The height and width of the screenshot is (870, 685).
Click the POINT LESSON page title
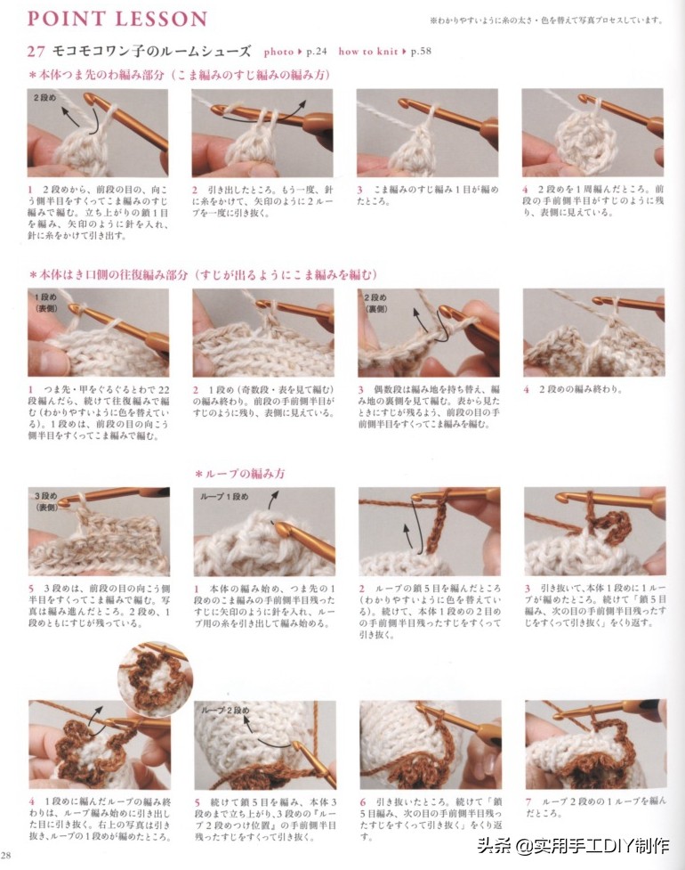(x=117, y=19)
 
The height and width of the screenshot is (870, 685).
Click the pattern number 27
(x=36, y=52)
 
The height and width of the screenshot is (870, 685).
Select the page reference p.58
(x=423, y=52)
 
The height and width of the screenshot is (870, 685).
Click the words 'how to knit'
(x=367, y=52)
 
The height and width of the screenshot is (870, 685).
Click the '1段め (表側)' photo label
(x=46, y=301)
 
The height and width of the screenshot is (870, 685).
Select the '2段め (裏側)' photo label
(x=375, y=303)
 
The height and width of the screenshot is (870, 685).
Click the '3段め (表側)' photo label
(x=47, y=500)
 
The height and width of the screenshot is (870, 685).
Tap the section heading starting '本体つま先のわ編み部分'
(x=178, y=75)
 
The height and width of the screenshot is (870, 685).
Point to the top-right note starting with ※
(x=545, y=20)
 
